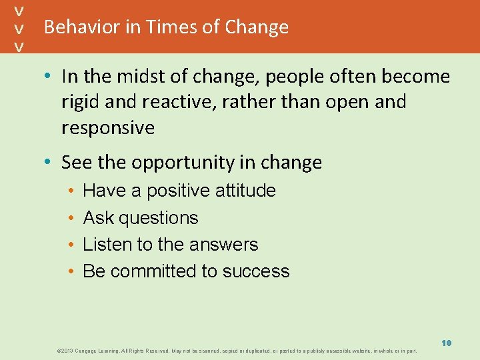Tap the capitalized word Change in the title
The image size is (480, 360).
[x=257, y=27]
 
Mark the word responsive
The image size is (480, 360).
[x=108, y=128]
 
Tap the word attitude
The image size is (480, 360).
[x=245, y=191]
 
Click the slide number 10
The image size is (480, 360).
[x=446, y=343]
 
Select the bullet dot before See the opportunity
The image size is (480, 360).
[x=51, y=163]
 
